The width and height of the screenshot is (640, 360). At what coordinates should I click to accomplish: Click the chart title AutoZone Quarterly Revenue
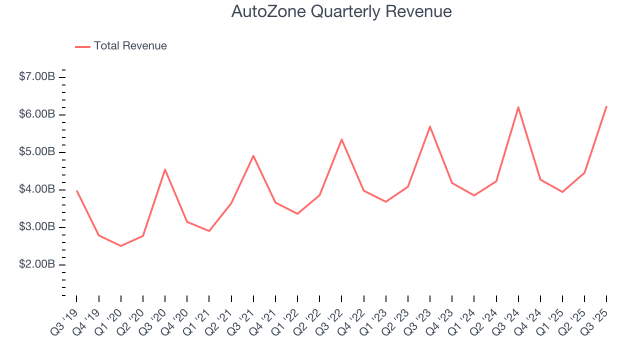coord(341,11)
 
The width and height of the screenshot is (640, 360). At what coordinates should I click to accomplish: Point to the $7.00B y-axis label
coord(37,77)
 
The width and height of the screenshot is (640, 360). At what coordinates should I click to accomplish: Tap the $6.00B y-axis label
coord(37,114)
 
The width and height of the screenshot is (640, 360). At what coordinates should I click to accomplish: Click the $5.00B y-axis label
coord(37,152)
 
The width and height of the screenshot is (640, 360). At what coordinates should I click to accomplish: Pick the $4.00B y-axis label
coord(37,189)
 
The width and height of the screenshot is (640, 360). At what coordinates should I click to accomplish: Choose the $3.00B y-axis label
coord(37,227)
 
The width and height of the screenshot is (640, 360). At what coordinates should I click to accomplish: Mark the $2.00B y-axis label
coord(37,264)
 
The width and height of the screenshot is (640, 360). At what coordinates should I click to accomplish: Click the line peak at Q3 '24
coord(518,107)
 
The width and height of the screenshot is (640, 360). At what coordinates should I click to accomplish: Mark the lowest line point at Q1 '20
coord(121,245)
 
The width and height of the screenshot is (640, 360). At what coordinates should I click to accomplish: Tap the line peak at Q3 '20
coord(165,169)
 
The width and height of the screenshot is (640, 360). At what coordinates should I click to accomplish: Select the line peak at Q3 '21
coord(253,155)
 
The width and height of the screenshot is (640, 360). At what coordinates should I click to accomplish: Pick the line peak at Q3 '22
coord(341,139)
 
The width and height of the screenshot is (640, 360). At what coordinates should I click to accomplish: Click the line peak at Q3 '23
coord(430,126)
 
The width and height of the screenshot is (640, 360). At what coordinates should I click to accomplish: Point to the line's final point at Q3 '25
coord(606,106)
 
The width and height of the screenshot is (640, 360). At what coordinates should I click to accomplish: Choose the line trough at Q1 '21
coord(209,231)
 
